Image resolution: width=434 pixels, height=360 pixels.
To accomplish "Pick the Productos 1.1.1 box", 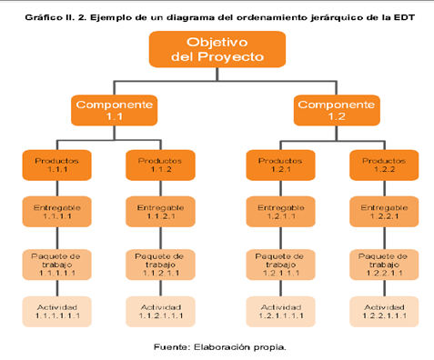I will (57, 165).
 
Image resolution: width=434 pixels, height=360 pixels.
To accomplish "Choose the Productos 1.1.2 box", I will (160, 165).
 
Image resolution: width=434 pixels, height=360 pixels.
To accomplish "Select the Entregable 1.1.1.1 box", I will (57, 214).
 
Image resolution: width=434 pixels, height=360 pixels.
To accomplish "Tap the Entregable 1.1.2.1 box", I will (160, 214).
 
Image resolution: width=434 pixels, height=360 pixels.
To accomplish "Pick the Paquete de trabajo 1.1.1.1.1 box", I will (57, 264).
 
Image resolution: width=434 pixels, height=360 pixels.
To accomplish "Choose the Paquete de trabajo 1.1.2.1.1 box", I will (160, 264).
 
